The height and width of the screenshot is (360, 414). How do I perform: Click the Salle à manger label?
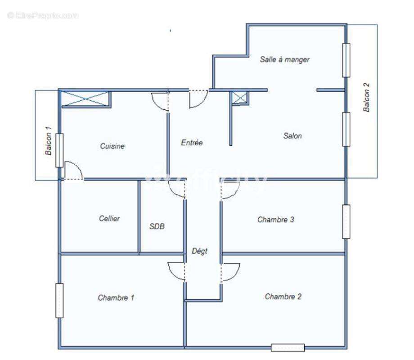(284, 59)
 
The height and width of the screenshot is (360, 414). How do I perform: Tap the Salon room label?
(292, 135)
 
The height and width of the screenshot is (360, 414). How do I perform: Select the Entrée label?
(192, 143)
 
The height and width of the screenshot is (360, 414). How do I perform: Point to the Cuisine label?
(112, 146)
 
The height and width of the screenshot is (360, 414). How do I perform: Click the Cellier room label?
(109, 218)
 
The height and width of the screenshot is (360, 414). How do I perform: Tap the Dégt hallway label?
(199, 251)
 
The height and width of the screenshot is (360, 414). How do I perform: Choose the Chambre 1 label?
(116, 297)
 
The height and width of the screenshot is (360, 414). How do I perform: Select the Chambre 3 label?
(276, 220)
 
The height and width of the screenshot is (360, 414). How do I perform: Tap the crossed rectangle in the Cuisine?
(85, 99)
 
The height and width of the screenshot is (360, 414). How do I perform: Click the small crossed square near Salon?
(239, 98)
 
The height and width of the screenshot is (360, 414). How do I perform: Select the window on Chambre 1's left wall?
(59, 300)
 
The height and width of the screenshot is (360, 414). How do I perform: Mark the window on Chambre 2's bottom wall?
(288, 347)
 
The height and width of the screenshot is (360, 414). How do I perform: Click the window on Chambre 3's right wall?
(346, 221)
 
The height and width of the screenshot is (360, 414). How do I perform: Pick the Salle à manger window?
(346, 60)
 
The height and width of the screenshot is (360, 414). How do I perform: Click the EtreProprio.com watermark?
(43, 15)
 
